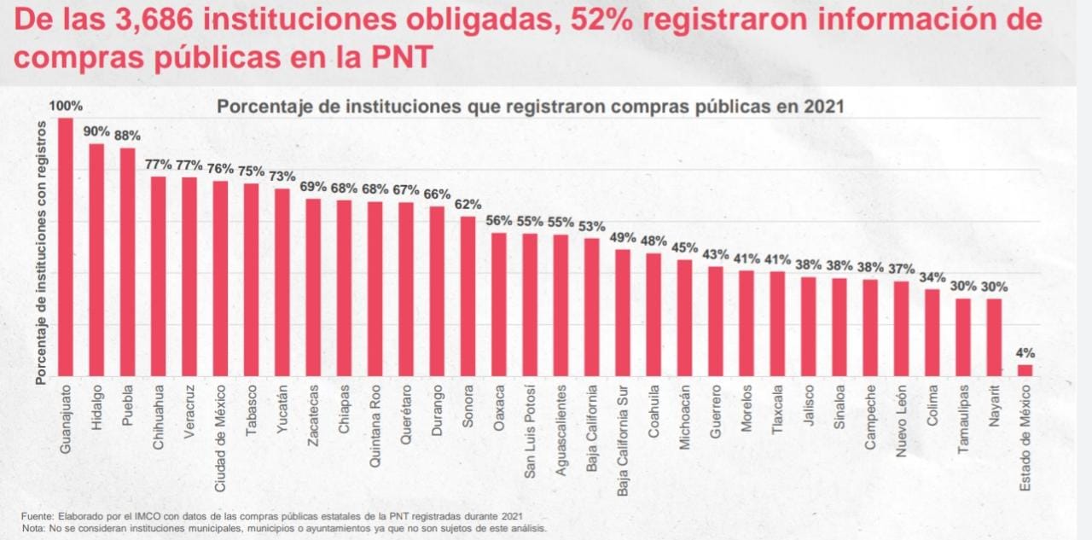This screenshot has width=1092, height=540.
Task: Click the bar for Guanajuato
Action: (66, 247)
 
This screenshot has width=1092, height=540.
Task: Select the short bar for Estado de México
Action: (1025, 370)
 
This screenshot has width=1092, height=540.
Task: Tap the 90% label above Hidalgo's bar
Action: (96, 131)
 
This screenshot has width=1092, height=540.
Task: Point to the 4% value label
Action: (1025, 353)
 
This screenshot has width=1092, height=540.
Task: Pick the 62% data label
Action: (468, 205)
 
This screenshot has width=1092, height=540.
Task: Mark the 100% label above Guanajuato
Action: (66, 107)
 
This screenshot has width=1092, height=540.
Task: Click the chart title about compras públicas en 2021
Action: (530, 107)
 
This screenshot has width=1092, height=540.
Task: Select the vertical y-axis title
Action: (41, 252)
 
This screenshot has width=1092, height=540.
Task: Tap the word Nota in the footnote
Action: (34, 528)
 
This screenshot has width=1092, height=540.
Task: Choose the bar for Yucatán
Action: (282, 282)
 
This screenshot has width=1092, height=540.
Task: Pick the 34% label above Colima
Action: (932, 277)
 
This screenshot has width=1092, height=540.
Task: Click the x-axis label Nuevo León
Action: (902, 421)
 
